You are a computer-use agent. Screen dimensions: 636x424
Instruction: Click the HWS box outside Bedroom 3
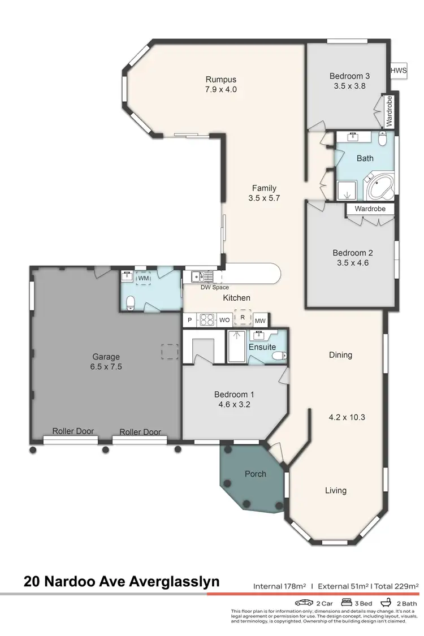click(x=399, y=71)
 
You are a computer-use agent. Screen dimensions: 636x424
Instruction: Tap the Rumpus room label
click(x=220, y=79)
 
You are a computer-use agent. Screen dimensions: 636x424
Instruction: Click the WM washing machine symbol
click(x=144, y=278)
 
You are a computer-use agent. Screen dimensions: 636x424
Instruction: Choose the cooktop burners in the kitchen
click(x=206, y=319)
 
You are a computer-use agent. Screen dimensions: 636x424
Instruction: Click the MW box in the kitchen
click(x=260, y=320)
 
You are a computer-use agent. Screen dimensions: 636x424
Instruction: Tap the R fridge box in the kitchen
click(x=243, y=318)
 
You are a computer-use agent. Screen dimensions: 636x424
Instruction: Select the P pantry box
click(x=189, y=320)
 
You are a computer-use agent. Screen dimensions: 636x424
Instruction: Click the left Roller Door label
click(x=73, y=431)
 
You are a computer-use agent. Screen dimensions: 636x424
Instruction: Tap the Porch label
click(x=255, y=474)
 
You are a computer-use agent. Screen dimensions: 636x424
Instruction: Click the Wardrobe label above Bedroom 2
click(x=370, y=209)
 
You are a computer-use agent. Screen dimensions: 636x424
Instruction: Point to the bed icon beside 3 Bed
click(x=345, y=603)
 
